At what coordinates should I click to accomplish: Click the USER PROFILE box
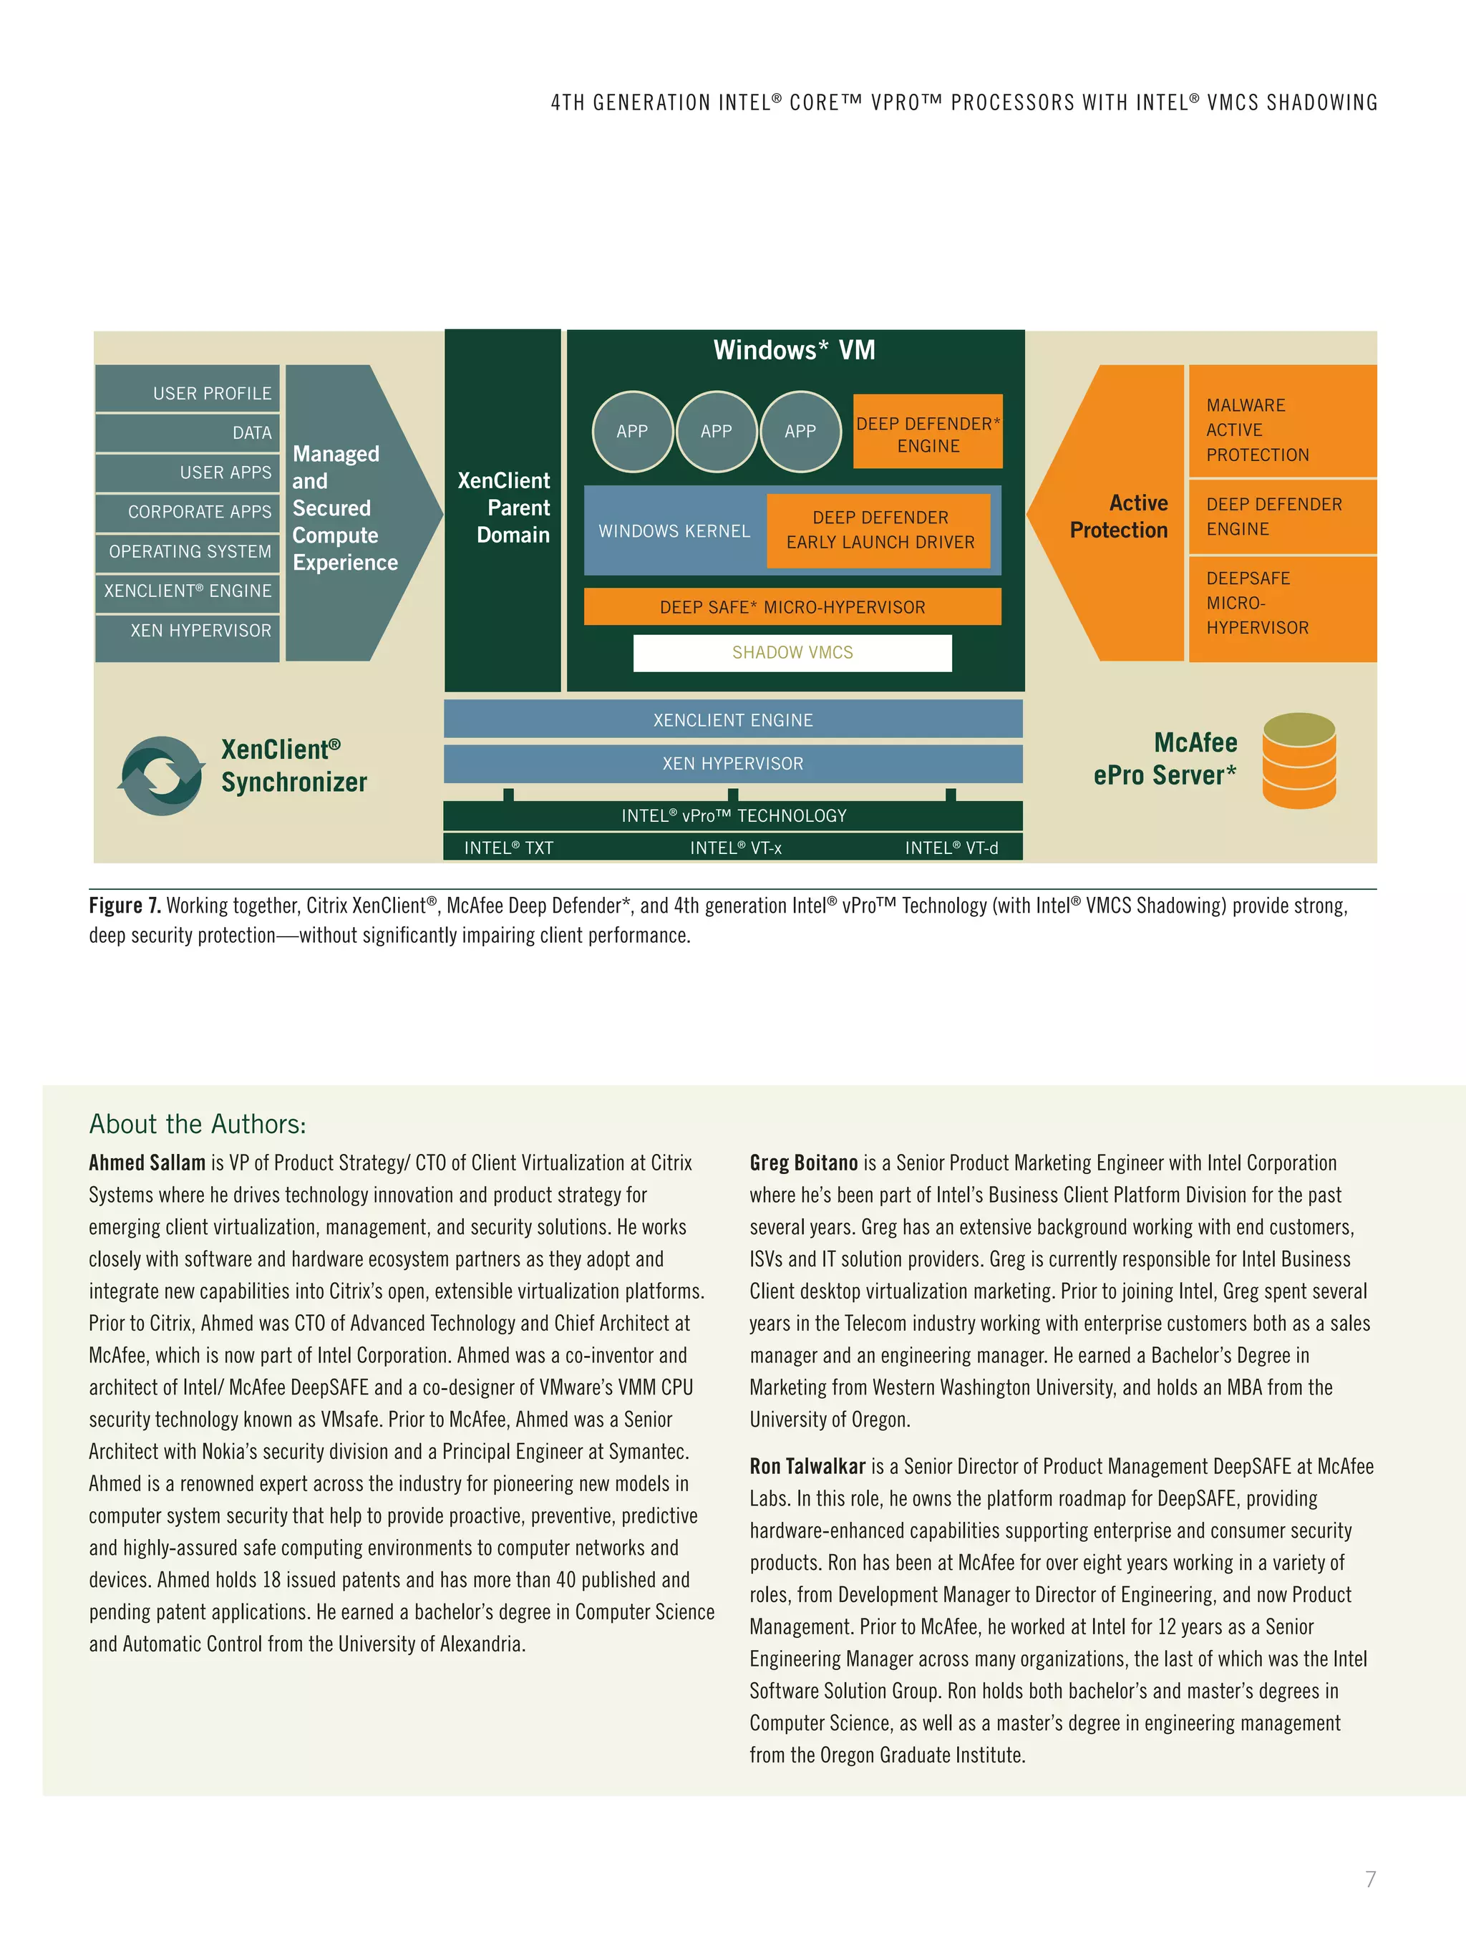(188, 392)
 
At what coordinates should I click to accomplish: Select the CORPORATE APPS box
(188, 512)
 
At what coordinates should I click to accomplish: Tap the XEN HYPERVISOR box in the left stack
(188, 630)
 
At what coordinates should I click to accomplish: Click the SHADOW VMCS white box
(792, 652)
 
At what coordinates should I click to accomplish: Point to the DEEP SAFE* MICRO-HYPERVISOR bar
(792, 607)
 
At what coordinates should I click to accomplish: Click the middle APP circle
(716, 431)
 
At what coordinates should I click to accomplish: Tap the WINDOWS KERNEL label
(674, 531)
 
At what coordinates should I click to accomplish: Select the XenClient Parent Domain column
(503, 508)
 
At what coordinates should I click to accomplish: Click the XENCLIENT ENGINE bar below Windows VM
(732, 719)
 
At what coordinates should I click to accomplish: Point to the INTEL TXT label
(509, 848)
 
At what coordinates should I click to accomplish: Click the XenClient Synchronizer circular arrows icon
(161, 775)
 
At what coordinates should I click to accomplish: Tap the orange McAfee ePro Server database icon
(1298, 761)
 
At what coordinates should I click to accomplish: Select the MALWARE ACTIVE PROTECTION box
(1281, 430)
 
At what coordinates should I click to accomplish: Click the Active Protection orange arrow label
(1120, 516)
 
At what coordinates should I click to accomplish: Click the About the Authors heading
(198, 1124)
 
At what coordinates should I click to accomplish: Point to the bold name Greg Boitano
(803, 1163)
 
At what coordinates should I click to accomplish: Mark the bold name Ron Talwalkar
(807, 1466)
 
